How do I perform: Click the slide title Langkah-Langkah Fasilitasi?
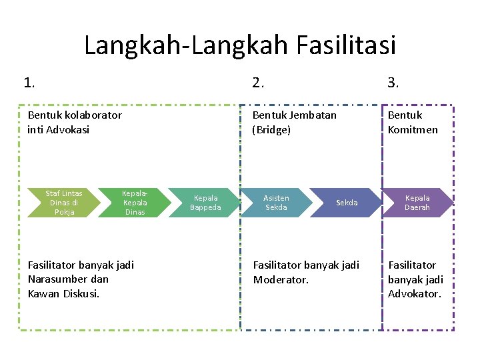240,45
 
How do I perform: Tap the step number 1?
29,83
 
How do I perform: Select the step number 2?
258,83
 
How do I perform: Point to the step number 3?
393,83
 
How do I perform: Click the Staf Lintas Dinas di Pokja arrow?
63,203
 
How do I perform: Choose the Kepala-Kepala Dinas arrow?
135,203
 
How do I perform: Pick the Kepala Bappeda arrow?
205,203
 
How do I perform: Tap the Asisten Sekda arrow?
276,203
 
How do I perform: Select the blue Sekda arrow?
347,203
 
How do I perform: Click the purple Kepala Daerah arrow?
417,203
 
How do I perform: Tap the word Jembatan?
313,115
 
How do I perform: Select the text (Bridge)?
271,129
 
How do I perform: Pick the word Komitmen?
413,129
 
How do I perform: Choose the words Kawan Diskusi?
63,294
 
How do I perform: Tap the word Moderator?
281,279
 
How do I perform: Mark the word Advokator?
415,294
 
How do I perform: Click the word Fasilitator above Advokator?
412,265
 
